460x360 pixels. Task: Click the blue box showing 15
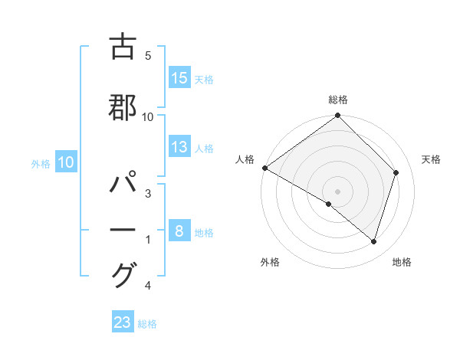pyautogui.click(x=179, y=78)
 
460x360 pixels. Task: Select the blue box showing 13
pyautogui.click(x=179, y=148)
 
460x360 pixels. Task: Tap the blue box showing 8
pyautogui.click(x=179, y=231)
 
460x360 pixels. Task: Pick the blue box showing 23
pyautogui.click(x=123, y=322)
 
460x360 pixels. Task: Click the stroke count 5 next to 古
pyautogui.click(x=148, y=57)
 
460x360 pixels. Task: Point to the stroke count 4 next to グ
pyautogui.click(x=148, y=286)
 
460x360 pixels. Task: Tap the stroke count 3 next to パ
pyautogui.click(x=148, y=195)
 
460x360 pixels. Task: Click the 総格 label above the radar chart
pyautogui.click(x=338, y=100)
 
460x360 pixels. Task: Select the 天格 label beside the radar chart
pyautogui.click(x=432, y=159)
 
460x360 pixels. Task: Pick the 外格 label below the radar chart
pyautogui.click(x=270, y=262)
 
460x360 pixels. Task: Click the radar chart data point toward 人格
pyautogui.click(x=264, y=168)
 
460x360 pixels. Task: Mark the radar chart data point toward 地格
pyautogui.click(x=373, y=241)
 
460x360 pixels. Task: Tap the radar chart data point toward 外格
pyautogui.click(x=329, y=204)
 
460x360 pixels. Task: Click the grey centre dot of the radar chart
pyautogui.click(x=337, y=191)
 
